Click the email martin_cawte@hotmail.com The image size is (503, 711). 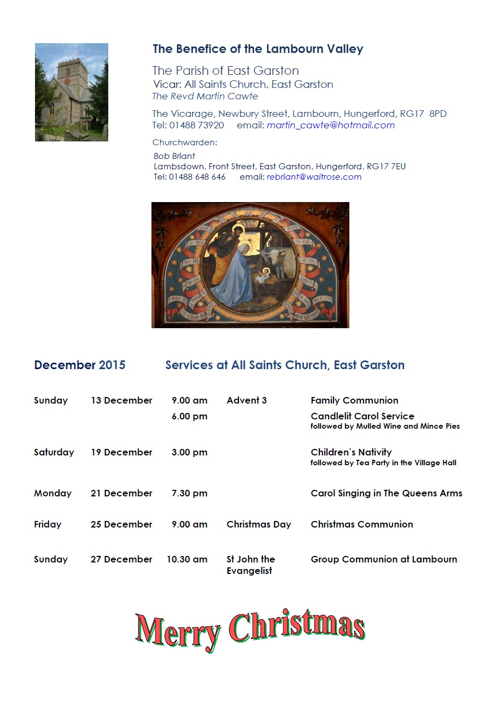click(330, 125)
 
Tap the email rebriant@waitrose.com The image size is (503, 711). click(314, 177)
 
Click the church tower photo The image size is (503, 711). click(72, 92)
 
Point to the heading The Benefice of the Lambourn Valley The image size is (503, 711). click(258, 49)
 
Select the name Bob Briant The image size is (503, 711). click(174, 156)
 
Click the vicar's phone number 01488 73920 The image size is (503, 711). click(196, 125)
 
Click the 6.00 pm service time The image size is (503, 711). click(189, 417)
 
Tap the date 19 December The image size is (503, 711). click(121, 452)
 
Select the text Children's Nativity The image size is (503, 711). click(351, 452)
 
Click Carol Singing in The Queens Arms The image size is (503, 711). click(386, 493)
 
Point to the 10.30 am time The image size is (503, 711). click(187, 559)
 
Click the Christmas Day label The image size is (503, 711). click(259, 524)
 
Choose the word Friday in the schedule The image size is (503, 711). click(48, 524)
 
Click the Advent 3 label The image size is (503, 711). click(247, 400)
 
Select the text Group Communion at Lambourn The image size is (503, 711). click(383, 559)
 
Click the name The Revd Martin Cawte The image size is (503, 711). click(205, 97)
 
